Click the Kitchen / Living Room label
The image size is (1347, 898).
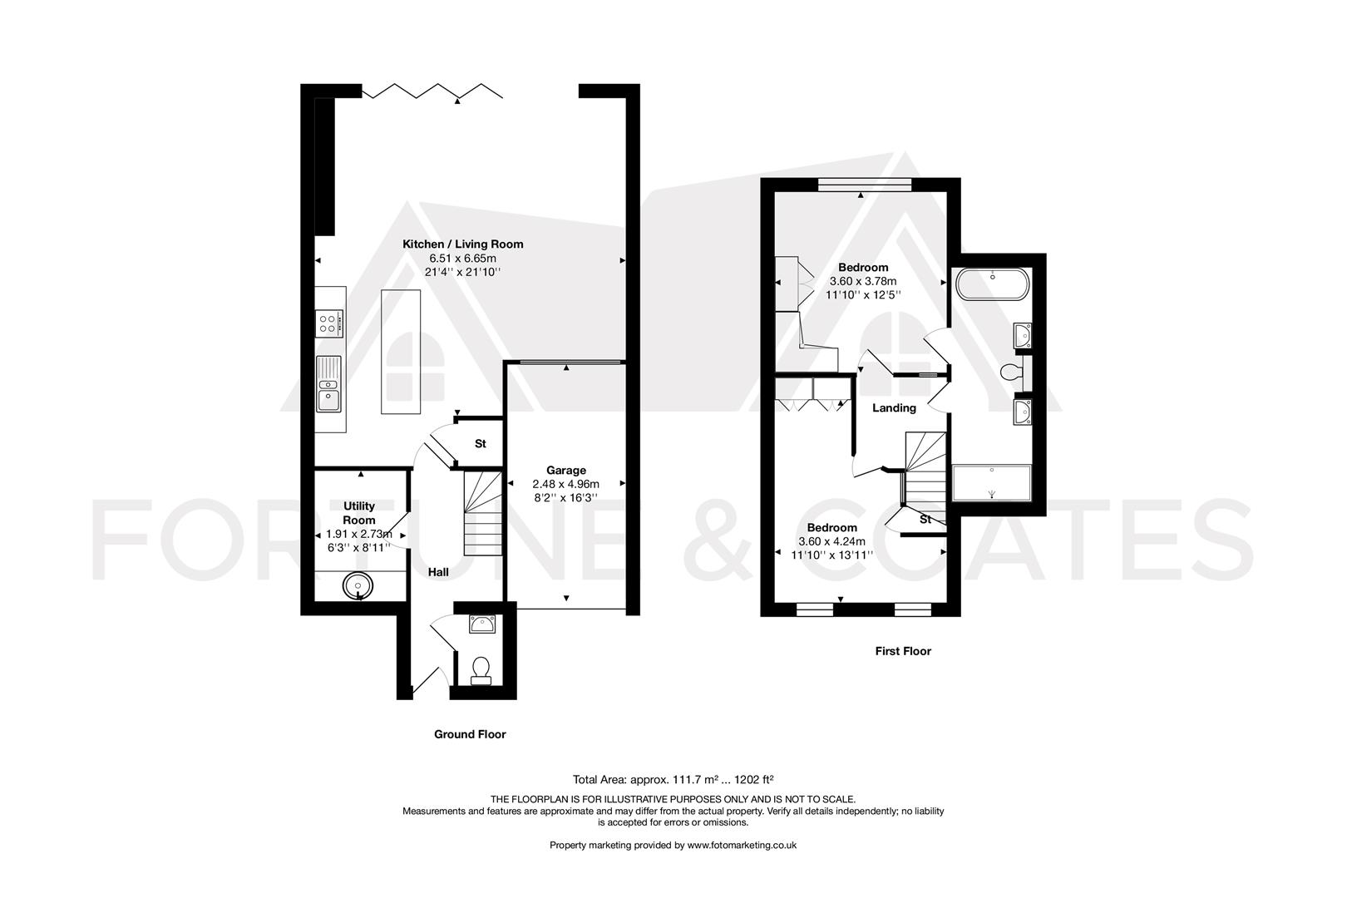pos(462,244)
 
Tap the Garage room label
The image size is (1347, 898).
pos(565,470)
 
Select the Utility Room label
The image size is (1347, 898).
pos(359,512)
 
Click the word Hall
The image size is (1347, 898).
pos(438,572)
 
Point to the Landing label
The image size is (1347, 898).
pos(894,407)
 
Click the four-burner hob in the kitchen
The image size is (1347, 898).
pos(329,323)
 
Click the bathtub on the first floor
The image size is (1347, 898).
pos(992,285)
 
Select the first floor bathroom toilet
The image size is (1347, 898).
pos(1014,372)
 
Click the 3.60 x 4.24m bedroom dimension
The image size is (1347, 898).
pos(831,541)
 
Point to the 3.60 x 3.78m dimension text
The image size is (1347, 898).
pos(863,281)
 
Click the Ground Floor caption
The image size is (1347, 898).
pos(470,734)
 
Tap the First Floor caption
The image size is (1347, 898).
pos(903,651)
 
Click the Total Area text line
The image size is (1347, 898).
pos(673,779)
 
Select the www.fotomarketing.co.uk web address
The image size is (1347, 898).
pos(731,845)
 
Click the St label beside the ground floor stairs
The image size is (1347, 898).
pos(480,444)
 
